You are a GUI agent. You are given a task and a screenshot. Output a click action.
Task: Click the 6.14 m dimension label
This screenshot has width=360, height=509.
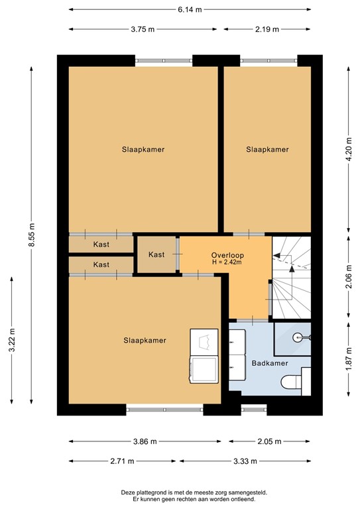[190, 10]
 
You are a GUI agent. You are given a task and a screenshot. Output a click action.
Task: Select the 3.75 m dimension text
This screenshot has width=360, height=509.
[143, 29]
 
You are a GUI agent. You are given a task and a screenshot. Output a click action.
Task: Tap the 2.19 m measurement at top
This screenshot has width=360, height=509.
[267, 29]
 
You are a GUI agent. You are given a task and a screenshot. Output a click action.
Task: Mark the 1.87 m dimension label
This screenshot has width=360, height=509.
[349, 359]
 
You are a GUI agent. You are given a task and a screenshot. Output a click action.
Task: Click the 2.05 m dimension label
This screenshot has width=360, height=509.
[270, 441]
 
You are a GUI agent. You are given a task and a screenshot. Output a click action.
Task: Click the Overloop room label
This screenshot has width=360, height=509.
[226, 255]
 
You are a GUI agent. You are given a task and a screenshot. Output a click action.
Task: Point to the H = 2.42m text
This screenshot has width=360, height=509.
[226, 262]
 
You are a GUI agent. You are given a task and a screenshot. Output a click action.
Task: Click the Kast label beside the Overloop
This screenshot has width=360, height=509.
[156, 254]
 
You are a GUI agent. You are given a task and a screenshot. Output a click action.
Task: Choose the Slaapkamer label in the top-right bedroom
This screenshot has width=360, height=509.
[267, 150]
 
